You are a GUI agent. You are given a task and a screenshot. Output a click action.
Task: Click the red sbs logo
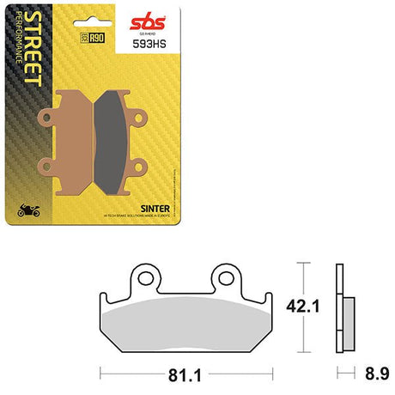pyautogui.click(x=195, y=18)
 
